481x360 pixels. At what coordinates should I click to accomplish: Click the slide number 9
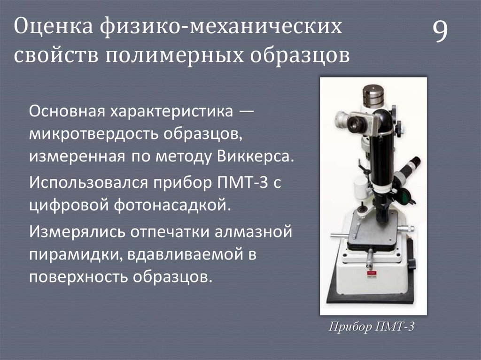click(x=440, y=32)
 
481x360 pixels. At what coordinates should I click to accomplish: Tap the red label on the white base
click(x=371, y=272)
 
